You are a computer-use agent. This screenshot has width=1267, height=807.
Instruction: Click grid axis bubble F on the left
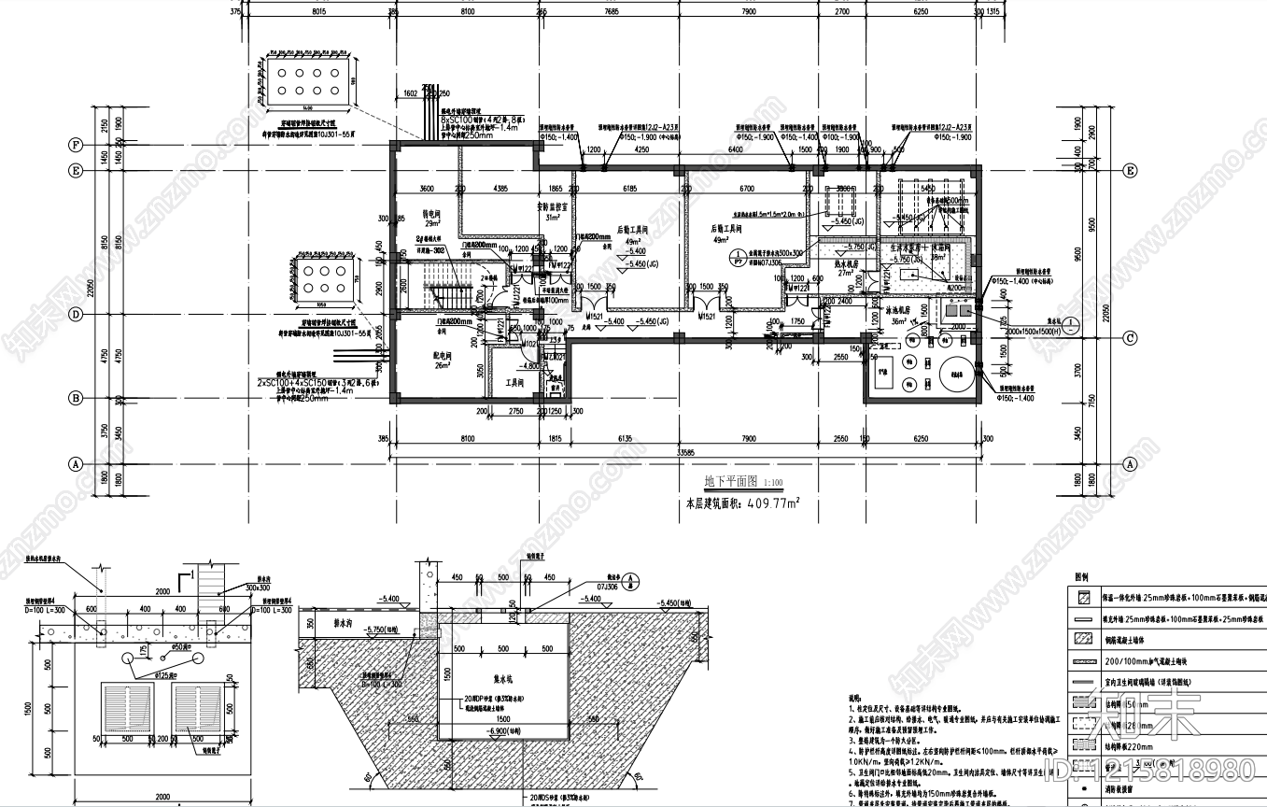tap(75, 146)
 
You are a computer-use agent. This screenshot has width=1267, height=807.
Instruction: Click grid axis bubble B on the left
tap(75, 399)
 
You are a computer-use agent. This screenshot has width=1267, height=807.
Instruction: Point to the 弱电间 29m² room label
tap(431, 219)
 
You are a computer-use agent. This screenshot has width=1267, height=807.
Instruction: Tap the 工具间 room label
tap(514, 383)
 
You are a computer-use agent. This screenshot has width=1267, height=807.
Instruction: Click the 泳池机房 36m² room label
tap(902, 317)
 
